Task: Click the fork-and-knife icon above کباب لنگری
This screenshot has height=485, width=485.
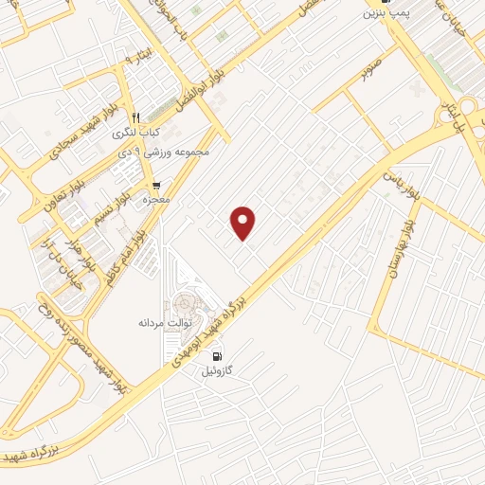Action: (135, 117)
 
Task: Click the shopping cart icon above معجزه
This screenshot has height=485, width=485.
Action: (155, 185)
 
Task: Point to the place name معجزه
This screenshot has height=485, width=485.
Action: (155, 201)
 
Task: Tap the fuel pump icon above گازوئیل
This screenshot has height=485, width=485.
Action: (217, 357)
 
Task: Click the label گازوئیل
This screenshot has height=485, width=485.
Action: (217, 372)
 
